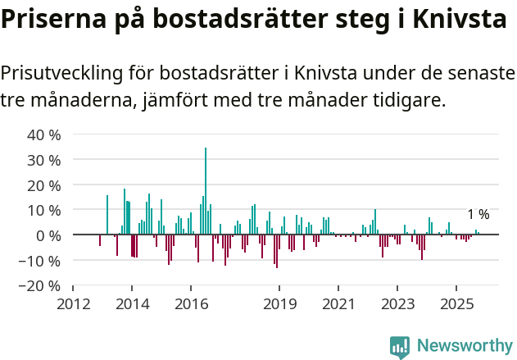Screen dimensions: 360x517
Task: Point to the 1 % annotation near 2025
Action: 478,215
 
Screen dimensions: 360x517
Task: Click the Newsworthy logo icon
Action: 399,347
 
